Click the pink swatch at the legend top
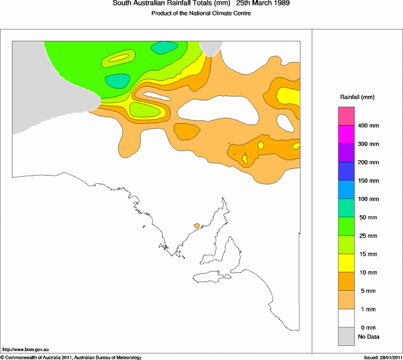[x=346, y=116]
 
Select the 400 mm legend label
[x=367, y=126]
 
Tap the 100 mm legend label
[x=367, y=199]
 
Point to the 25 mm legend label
[x=367, y=236]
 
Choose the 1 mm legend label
[x=366, y=310]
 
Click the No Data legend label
[x=368, y=337]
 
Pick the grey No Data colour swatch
[x=346, y=337]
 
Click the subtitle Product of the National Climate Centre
[x=201, y=14]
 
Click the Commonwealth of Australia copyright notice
[x=71, y=357]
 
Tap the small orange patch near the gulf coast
[x=197, y=225]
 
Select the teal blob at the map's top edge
[x=165, y=47]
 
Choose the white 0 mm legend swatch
[x=346, y=318]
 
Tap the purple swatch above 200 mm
[x=346, y=153]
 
